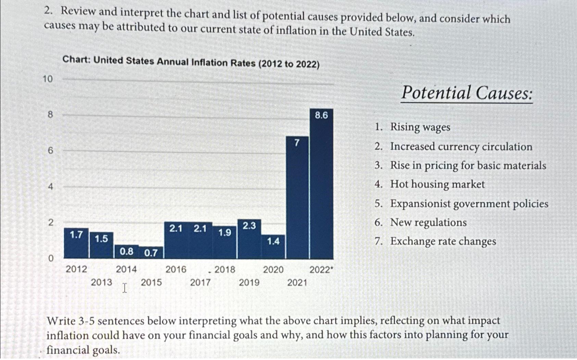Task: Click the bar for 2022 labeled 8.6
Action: (x=321, y=185)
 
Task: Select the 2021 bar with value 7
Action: (x=297, y=198)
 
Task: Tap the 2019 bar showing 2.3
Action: (x=249, y=240)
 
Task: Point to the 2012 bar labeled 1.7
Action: (x=76, y=244)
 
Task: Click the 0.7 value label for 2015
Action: (x=151, y=253)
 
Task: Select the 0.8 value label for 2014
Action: (x=126, y=252)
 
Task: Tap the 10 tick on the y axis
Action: (x=48, y=79)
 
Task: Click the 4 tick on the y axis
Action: (x=50, y=187)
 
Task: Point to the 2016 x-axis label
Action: (x=176, y=270)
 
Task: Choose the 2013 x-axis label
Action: (x=101, y=282)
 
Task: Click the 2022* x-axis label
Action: (x=321, y=270)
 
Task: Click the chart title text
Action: (x=191, y=62)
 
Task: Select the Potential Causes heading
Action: (x=467, y=93)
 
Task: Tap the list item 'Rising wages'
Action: (x=420, y=127)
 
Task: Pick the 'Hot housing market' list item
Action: (x=437, y=184)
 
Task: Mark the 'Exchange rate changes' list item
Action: (x=443, y=241)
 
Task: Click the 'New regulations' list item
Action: (x=428, y=222)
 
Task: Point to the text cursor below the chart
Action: (x=125, y=288)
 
